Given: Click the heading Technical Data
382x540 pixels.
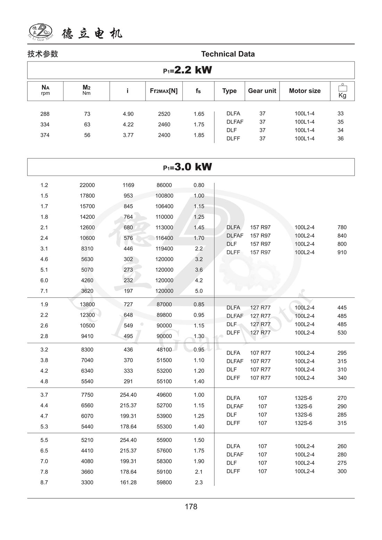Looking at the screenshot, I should tap(228, 54).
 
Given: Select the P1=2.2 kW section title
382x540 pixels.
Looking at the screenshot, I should tap(188, 70).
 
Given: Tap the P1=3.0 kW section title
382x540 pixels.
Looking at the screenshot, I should tap(188, 167).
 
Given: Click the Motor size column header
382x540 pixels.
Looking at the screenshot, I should tap(305, 91).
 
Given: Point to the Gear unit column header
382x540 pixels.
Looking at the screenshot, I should tap(262, 91).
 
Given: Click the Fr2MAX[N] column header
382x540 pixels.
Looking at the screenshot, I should tap(164, 91).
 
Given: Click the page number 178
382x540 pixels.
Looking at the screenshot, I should tap(191, 507).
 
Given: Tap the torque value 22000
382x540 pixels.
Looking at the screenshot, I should tap(87, 185).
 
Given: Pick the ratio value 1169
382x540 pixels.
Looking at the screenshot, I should tap(128, 185).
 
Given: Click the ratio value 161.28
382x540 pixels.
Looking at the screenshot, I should tap(128, 482).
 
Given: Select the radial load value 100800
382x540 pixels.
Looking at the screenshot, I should tap(164, 196).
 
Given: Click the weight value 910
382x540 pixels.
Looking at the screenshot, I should tap(342, 252).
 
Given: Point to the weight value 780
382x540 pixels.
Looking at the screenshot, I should tap(342, 227).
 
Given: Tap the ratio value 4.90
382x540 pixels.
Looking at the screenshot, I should tap(128, 114).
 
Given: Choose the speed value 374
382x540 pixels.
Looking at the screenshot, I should tap(45, 135).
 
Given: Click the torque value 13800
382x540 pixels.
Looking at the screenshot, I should tap(87, 305).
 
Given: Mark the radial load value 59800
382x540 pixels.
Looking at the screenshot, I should tap(164, 482).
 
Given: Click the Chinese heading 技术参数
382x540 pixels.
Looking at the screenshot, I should tap(43, 54).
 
